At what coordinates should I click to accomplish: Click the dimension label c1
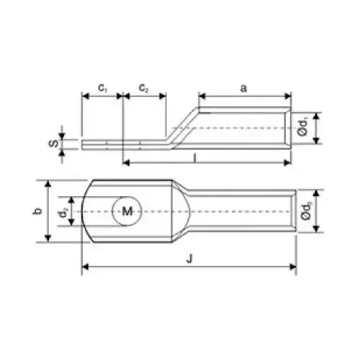pos(103,89)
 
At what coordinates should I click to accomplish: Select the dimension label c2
pos(144,89)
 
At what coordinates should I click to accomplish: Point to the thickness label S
pos(53,143)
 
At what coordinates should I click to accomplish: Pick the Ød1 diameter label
pos(306,127)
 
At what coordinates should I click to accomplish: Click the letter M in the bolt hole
pos(127,211)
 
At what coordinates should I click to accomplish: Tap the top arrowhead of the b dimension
pos(49,182)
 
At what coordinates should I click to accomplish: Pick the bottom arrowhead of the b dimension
pos(49,239)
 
